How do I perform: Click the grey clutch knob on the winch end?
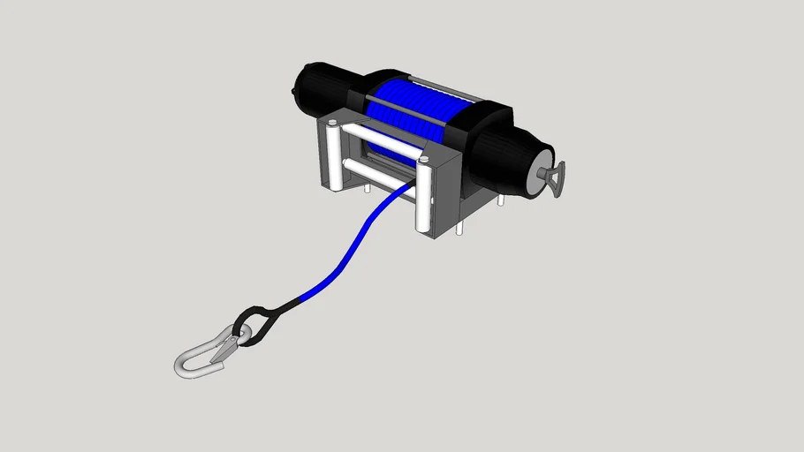pyautogui.click(x=554, y=180)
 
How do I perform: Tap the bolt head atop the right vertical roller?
pyautogui.click(x=424, y=160)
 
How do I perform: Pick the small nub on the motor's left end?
pyautogui.click(x=294, y=89)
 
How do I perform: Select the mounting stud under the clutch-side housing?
pyautogui.click(x=500, y=200)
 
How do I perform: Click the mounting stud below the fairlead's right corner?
pyautogui.click(x=459, y=228)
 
